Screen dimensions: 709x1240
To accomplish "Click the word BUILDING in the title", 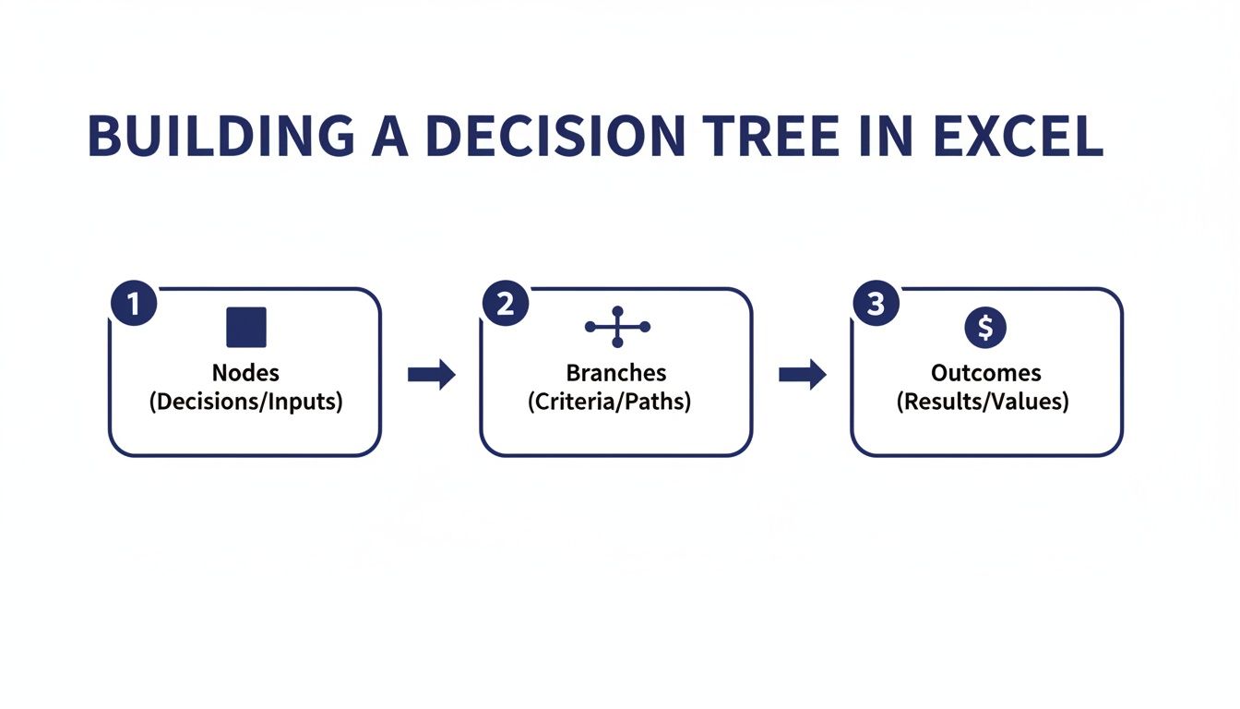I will [x=220, y=136].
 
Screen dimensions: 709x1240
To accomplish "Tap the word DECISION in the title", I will [x=553, y=136].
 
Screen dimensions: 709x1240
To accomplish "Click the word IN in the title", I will [x=892, y=136].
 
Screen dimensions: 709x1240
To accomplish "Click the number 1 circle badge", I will [x=134, y=304].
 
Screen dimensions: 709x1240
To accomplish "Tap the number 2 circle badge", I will [x=506, y=304].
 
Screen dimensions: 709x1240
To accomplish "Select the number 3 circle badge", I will [x=876, y=304].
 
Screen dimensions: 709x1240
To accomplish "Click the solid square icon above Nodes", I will [x=245, y=328].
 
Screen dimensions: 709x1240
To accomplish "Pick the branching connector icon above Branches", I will [x=617, y=327].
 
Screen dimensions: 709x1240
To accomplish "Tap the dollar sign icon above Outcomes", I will [x=985, y=327].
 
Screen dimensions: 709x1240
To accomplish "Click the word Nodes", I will [x=245, y=373].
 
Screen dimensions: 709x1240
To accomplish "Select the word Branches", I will [x=616, y=373].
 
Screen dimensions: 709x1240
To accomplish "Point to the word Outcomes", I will [x=985, y=373].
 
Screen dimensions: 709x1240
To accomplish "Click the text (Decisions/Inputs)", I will [x=245, y=403].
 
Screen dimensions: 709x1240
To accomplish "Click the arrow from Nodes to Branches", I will [x=432, y=374].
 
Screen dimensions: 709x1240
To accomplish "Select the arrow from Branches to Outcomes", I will [x=803, y=374].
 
